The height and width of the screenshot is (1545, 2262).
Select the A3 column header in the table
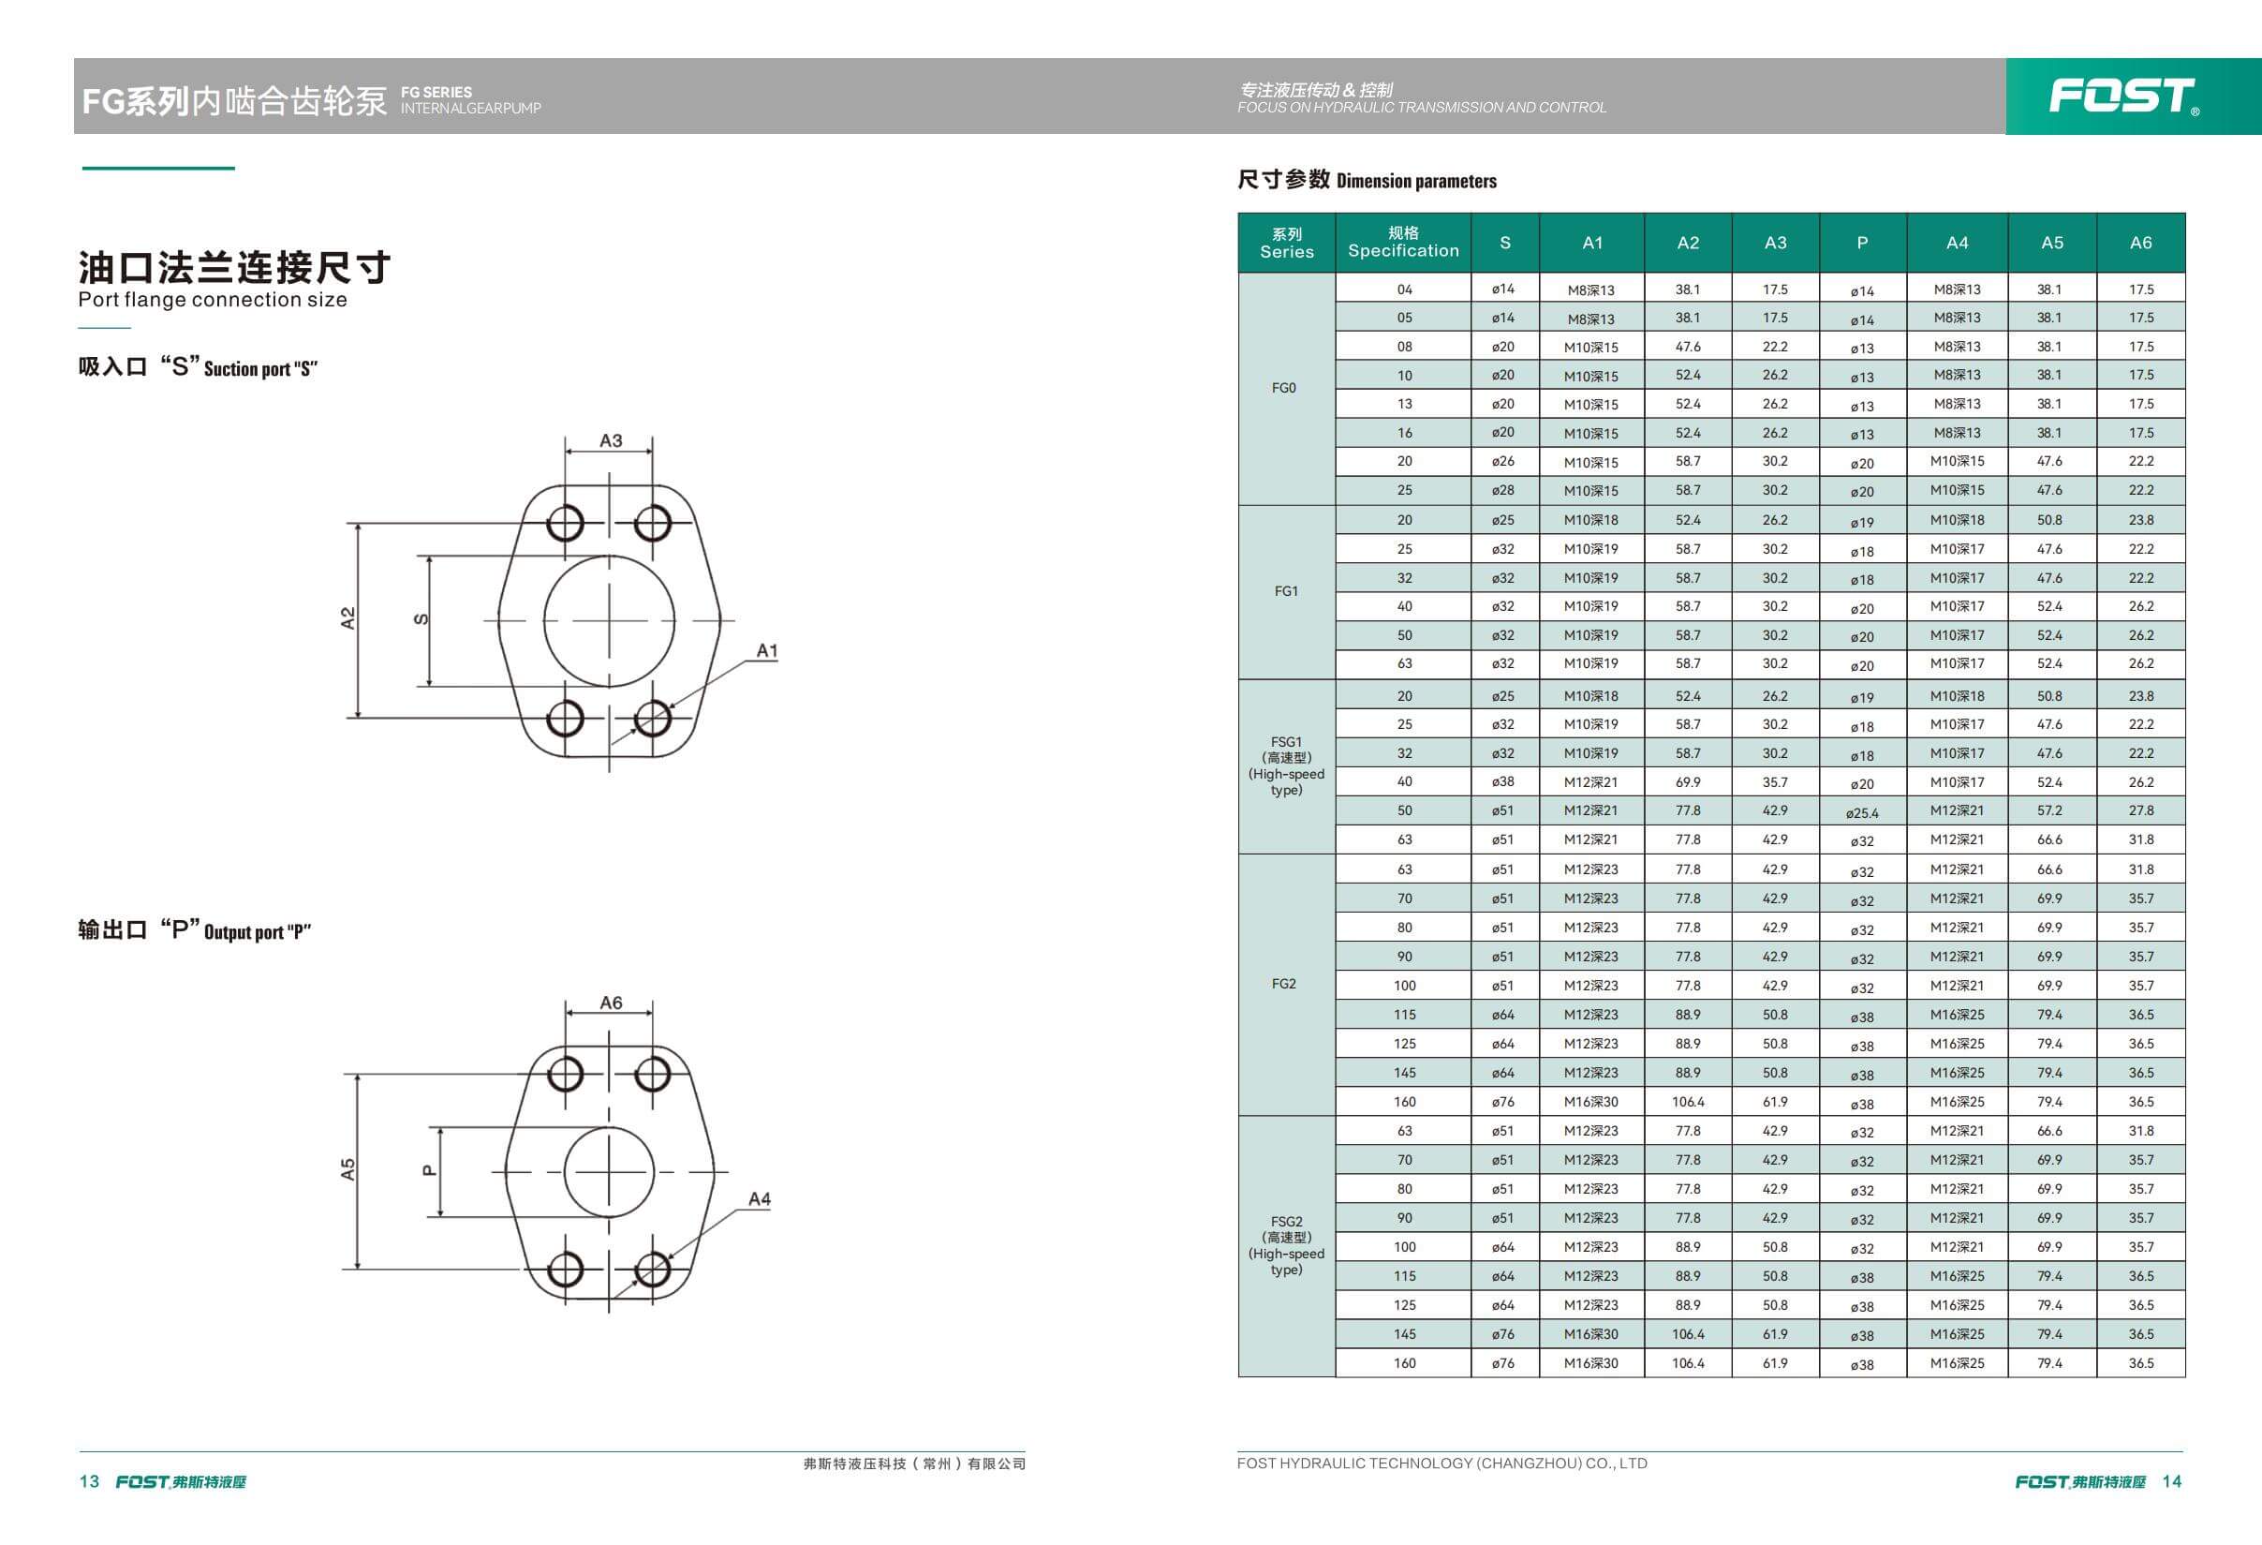click(x=1775, y=243)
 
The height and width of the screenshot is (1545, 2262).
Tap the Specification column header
click(x=1403, y=242)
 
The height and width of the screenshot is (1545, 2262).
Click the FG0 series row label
click(x=1284, y=388)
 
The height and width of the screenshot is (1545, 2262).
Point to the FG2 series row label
click(x=1284, y=983)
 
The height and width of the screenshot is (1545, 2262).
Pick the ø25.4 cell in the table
click(x=1862, y=813)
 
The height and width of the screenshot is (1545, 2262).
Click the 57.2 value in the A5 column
click(x=2049, y=810)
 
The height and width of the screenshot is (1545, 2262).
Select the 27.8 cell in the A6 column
click(x=2141, y=810)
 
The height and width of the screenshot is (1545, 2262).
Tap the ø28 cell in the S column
click(x=1502, y=490)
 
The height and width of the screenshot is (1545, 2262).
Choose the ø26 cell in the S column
click(x=1502, y=460)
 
